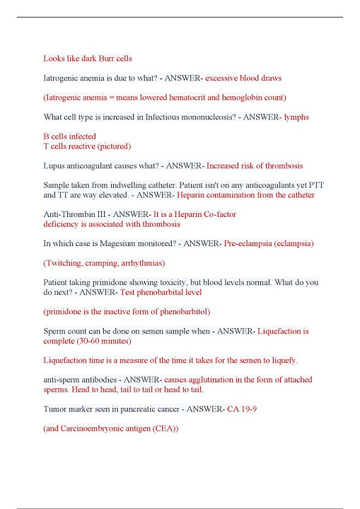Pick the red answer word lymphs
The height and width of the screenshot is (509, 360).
(296, 117)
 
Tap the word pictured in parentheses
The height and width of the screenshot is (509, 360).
(114, 146)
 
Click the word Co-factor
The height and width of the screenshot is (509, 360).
(216, 213)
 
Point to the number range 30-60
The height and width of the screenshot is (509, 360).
(91, 340)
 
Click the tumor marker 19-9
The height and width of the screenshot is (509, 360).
(247, 409)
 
